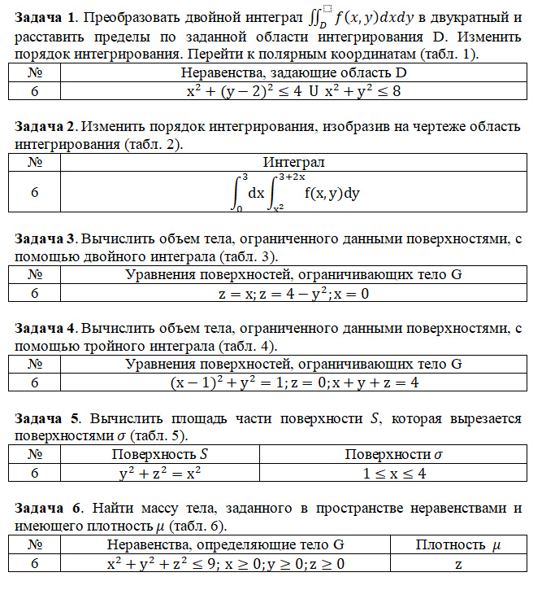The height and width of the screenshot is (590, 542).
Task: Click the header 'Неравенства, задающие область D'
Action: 293,72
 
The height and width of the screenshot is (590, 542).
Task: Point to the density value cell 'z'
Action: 458,563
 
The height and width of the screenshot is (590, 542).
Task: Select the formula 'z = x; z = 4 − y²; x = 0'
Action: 293,293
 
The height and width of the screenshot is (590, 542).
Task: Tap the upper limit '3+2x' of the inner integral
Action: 291,177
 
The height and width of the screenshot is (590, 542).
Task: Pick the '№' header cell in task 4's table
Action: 35,364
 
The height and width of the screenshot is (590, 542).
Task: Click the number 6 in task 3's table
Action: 35,293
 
